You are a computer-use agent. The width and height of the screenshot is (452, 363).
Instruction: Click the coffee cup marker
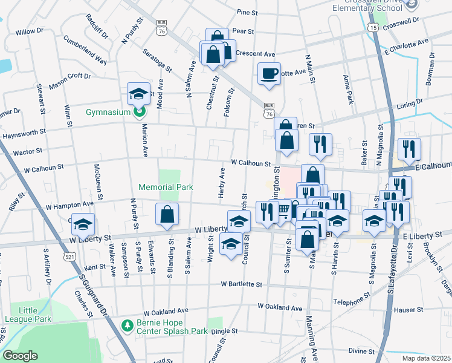270,74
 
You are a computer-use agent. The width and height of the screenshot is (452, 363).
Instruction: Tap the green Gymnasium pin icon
139,112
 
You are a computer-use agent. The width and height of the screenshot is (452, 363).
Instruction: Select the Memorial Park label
166,188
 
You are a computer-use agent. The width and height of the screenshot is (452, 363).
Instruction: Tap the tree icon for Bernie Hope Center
127,326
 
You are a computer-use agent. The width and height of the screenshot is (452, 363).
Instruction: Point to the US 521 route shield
71,257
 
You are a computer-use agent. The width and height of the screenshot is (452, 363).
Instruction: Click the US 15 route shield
374,28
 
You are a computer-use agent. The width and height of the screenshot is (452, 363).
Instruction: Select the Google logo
20,356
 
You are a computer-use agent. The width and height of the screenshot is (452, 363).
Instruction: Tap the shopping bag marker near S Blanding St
167,215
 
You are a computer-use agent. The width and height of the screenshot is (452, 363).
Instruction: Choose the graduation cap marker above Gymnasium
138,93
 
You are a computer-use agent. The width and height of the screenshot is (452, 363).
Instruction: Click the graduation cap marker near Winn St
83,224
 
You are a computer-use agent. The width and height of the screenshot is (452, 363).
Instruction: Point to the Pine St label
247,11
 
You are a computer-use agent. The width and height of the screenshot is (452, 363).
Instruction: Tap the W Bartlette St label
241,283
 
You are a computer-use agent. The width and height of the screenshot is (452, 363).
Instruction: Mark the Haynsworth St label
24,131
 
